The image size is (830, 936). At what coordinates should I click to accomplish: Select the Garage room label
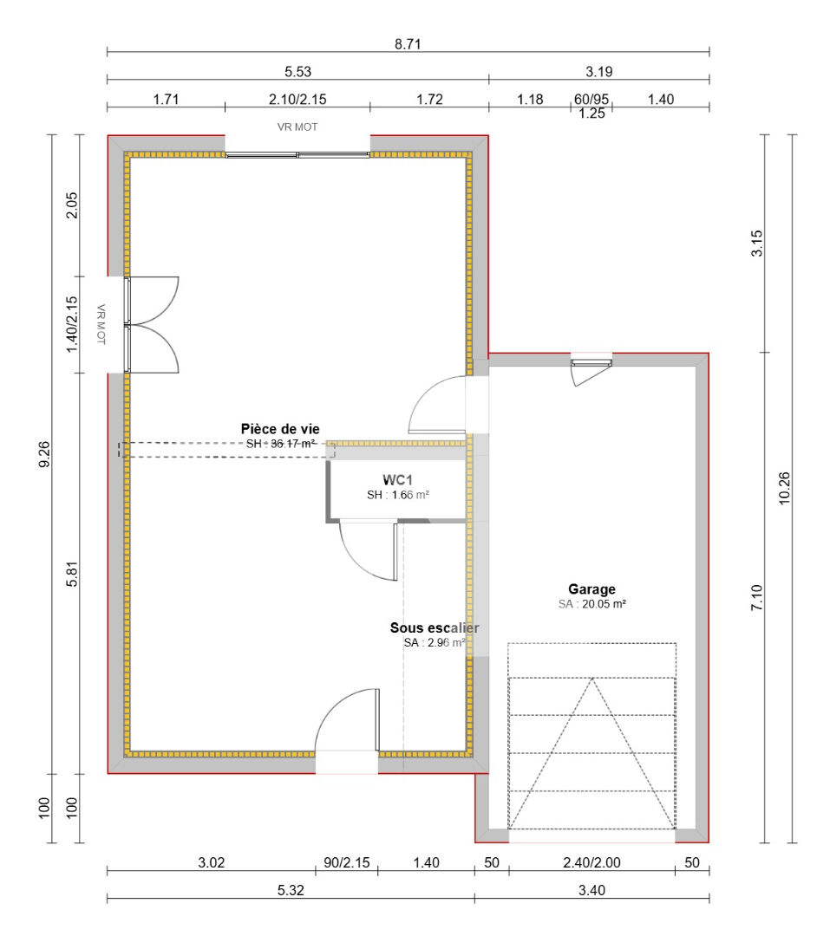[591, 589]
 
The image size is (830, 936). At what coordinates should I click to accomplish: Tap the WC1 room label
[398, 479]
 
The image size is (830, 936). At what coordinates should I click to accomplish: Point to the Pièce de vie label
[279, 429]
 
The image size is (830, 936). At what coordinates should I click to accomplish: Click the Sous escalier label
[435, 627]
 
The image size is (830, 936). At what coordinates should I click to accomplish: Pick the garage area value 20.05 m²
[592, 604]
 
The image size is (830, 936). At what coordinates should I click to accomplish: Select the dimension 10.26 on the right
[784, 489]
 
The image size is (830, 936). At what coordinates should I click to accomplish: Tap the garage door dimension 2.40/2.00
[591, 862]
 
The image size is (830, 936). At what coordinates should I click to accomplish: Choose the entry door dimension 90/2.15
[346, 862]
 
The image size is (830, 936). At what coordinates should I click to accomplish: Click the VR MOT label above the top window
[297, 127]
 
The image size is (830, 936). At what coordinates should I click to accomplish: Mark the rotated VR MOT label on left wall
[101, 325]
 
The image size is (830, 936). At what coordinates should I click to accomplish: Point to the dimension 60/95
[591, 99]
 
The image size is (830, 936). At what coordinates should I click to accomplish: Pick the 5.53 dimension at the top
[297, 72]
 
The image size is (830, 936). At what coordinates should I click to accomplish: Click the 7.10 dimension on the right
[756, 598]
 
